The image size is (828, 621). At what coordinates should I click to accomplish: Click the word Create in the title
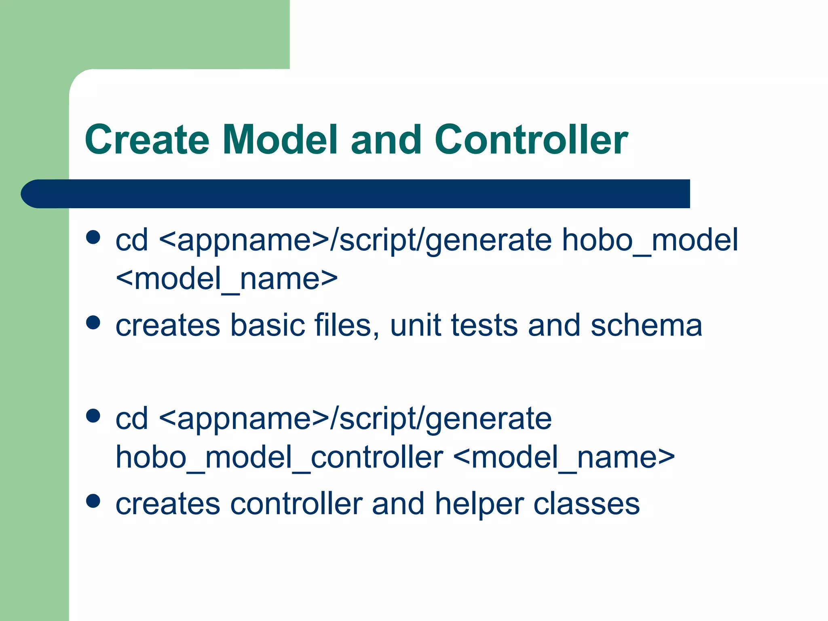pyautogui.click(x=147, y=139)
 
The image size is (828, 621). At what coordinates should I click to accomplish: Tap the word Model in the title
pyautogui.click(x=280, y=139)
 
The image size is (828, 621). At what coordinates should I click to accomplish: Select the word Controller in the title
pyautogui.click(x=531, y=139)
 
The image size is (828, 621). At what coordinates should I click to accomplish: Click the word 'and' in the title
pyautogui.click(x=386, y=139)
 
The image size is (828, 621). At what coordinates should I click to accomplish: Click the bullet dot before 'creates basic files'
pyautogui.click(x=93, y=323)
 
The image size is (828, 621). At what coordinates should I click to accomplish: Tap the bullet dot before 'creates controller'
pyautogui.click(x=93, y=501)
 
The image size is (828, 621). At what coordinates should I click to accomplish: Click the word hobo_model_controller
pyautogui.click(x=279, y=457)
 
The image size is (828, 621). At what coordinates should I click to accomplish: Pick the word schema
pyautogui.click(x=646, y=325)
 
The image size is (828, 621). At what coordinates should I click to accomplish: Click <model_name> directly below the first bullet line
pyautogui.click(x=226, y=279)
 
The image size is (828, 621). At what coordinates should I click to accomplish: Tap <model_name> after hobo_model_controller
pyautogui.click(x=564, y=457)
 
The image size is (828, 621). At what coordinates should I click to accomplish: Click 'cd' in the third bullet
pyautogui.click(x=131, y=418)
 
